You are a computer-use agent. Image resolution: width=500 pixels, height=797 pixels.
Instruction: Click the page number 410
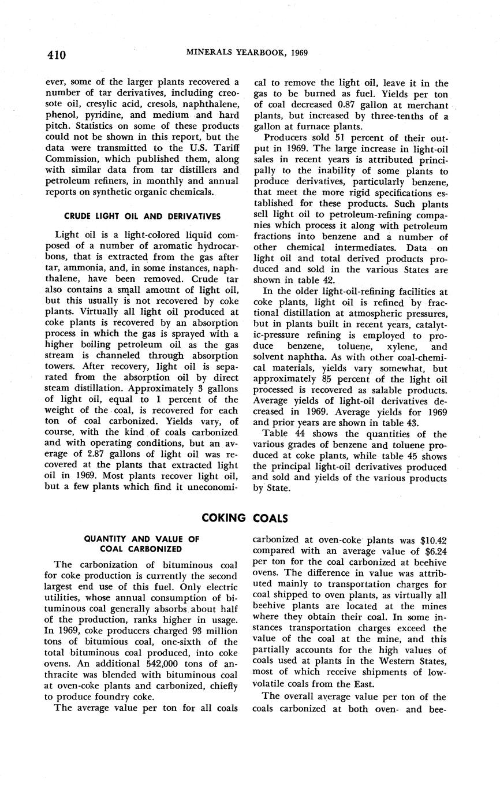pyautogui.click(x=57, y=55)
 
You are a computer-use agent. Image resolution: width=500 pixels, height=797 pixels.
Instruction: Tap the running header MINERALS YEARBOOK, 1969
pyautogui.click(x=247, y=53)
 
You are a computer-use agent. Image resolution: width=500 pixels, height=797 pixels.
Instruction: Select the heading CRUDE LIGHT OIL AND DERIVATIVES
pyautogui.click(x=142, y=217)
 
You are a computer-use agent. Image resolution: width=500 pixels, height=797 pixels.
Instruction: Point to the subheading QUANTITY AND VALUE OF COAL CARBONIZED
pyautogui.click(x=141, y=543)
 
